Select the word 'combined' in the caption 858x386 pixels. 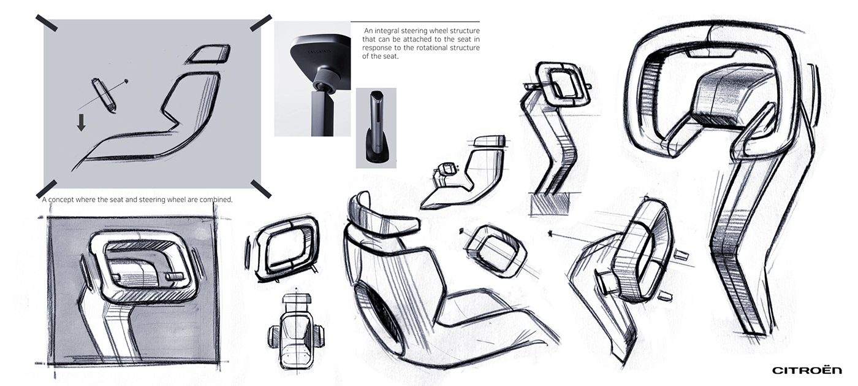tap(212, 200)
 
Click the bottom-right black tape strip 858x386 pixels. tap(261, 188)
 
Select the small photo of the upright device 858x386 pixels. tap(376, 128)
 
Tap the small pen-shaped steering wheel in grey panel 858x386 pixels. tap(104, 95)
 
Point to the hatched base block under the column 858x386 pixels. tap(550, 204)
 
